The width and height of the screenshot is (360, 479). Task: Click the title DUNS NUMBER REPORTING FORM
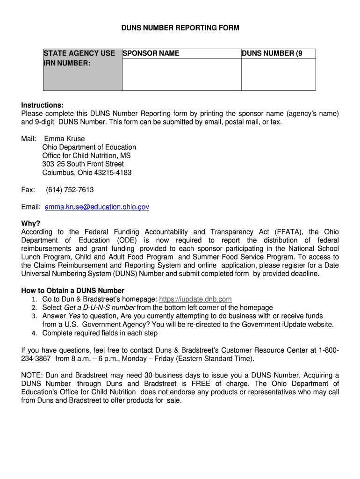pos(180,28)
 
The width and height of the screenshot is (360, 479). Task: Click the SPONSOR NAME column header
pos(151,53)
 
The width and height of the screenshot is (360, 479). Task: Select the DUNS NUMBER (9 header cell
pos(272,53)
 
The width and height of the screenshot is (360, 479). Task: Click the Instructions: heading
pos(42,105)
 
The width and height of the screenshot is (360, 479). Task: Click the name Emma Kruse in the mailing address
pos(65,139)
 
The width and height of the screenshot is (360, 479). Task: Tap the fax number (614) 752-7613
pos(70,190)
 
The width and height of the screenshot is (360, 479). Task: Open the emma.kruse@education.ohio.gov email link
pos(97,207)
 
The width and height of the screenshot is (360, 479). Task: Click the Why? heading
pos(31,224)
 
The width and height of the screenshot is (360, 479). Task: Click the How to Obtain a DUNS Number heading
pos(73,290)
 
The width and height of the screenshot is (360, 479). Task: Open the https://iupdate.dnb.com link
pos(195,299)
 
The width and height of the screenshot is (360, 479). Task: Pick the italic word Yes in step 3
pos(74,316)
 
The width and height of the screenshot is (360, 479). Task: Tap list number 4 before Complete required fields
pos(34,334)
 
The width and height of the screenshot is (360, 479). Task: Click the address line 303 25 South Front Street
pos(83,164)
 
